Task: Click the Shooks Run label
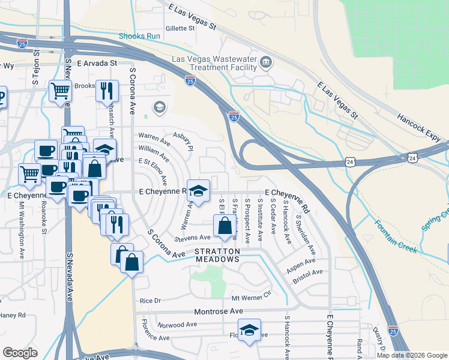[x=139, y=36]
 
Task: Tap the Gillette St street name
[x=181, y=28]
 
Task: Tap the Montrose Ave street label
[x=218, y=311]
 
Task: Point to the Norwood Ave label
[x=177, y=325]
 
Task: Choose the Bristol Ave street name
[x=307, y=275]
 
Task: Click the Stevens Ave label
[x=192, y=238]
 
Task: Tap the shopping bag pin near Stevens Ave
[x=224, y=227]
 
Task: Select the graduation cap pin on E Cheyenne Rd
[x=198, y=191]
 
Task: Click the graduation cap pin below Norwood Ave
[x=249, y=330]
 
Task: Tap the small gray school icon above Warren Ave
[x=159, y=107]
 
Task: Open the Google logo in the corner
[x=20, y=352]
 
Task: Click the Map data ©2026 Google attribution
[x=411, y=355]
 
